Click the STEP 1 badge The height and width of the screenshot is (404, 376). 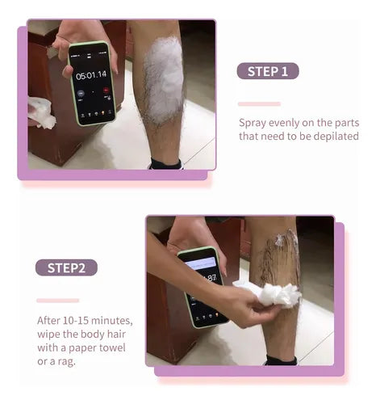[268, 71]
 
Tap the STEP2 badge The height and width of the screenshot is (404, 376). [66, 267]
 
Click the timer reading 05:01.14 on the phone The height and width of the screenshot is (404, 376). [91, 75]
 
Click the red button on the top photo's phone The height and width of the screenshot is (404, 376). [107, 90]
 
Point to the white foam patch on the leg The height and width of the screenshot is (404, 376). [164, 78]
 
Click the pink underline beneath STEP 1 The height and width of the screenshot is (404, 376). [259, 104]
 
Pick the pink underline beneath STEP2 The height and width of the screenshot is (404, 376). [58, 301]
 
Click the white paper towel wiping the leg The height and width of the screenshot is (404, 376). [268, 293]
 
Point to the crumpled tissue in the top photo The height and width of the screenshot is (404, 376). [41, 112]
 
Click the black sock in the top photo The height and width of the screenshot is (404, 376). [166, 164]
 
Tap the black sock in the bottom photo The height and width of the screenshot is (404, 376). [282, 360]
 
